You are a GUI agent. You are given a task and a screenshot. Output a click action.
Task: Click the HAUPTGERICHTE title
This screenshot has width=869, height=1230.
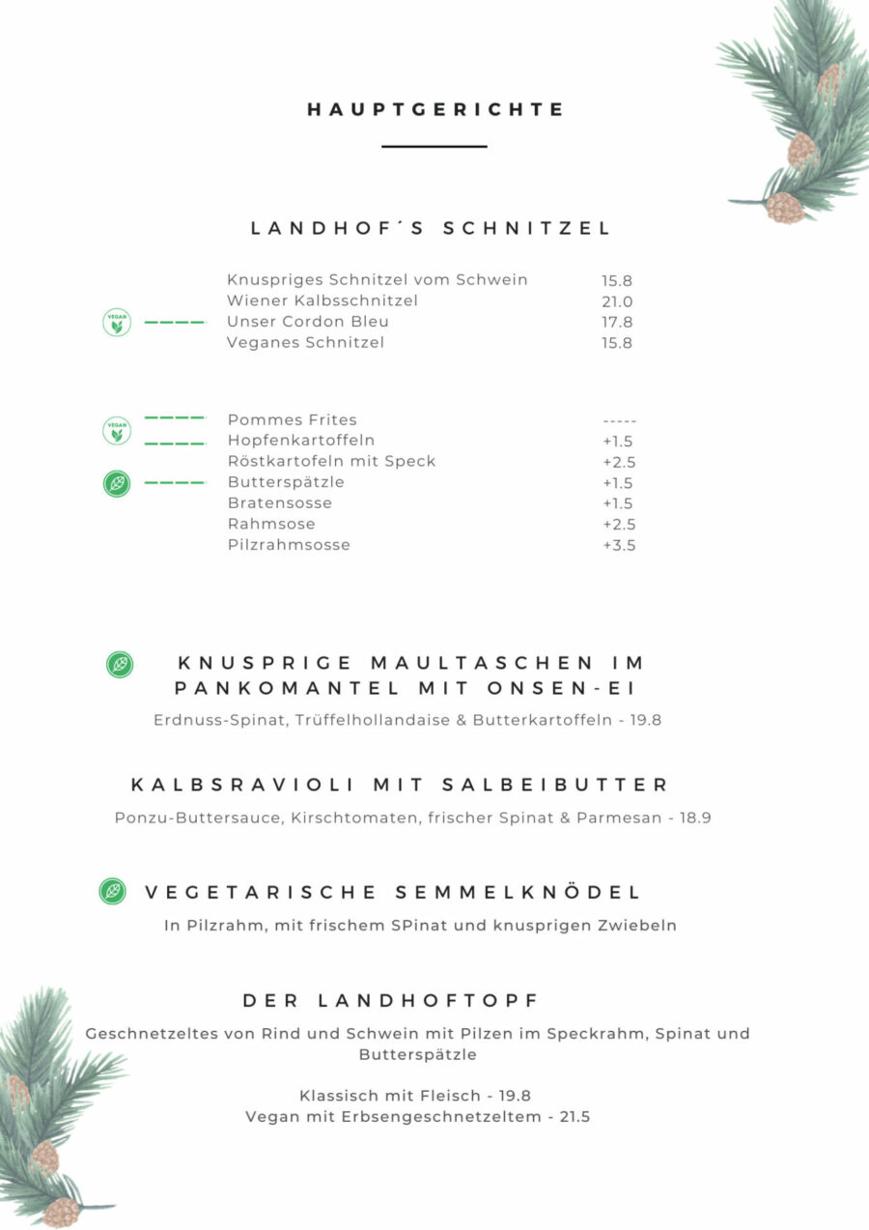coord(435,110)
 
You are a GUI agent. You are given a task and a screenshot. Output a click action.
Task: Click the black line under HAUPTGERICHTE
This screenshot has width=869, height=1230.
coord(434,146)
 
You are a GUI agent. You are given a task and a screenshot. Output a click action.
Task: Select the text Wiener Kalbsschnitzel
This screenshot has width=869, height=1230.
coord(322,300)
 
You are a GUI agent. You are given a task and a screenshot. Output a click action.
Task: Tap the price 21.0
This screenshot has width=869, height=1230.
coord(617,301)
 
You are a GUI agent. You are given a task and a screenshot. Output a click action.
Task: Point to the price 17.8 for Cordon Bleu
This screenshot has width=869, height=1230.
coord(617,322)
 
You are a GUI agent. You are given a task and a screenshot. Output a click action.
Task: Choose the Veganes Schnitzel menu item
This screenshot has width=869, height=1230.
coord(306,342)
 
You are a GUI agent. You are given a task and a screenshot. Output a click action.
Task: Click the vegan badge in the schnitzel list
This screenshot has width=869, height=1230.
coord(117,322)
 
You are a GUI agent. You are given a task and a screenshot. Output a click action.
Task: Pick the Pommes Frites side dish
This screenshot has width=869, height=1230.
coord(293,419)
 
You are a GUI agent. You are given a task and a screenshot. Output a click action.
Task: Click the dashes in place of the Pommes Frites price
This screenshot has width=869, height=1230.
coord(619,420)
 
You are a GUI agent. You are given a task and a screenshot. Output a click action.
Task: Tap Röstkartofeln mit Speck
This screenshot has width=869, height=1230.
coord(332,461)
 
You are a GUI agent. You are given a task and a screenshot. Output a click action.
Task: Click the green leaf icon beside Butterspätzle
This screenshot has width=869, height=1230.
coord(117,482)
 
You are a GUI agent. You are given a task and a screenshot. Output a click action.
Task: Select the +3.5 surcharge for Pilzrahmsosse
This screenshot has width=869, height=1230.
coord(619,545)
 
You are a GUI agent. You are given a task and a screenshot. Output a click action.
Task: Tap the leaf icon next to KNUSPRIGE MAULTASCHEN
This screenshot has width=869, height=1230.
coord(120,664)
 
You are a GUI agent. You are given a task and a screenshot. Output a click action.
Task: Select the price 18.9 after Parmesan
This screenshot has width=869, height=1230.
coord(695,817)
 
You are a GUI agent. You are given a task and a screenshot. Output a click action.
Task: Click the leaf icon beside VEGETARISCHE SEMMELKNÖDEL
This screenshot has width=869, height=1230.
coord(113,891)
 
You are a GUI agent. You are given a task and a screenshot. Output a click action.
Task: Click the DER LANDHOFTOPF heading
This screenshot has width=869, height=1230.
coord(391,1000)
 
